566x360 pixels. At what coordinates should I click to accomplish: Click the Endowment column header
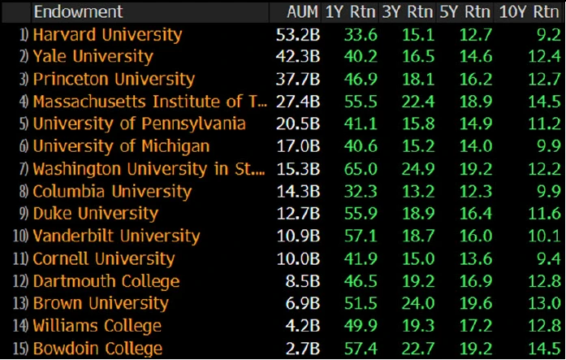pos(78,12)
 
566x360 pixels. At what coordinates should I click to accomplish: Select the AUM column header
pos(302,12)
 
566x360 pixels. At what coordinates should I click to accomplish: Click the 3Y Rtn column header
pos(408,12)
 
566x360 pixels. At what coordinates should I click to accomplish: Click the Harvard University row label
pos(107,35)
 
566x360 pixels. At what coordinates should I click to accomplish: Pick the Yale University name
pos(93,57)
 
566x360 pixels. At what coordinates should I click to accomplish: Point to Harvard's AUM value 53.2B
pos(297,35)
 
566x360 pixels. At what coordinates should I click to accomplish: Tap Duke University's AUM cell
pos(297,214)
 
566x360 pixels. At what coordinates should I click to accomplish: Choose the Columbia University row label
pos(112,192)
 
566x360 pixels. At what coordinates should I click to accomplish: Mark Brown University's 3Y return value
pos(416,304)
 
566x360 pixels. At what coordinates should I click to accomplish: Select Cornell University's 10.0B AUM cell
pos(297,259)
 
